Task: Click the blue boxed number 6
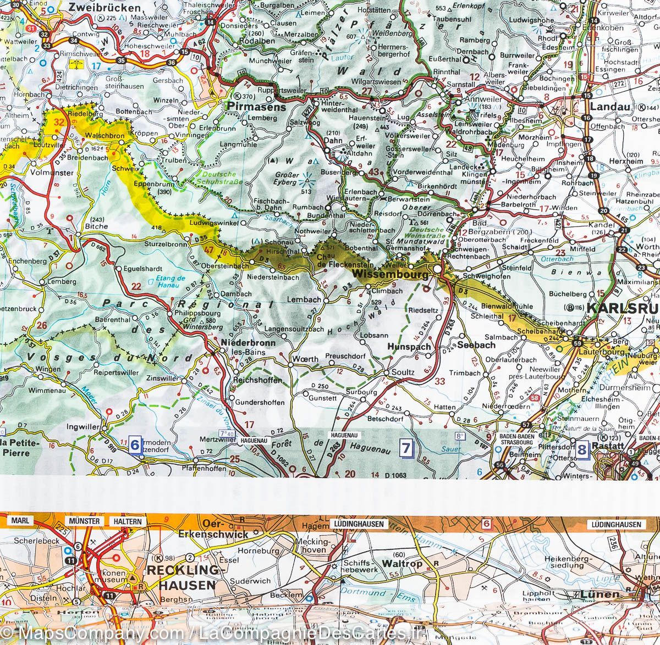click(x=134, y=443)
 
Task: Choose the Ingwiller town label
click(x=83, y=426)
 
